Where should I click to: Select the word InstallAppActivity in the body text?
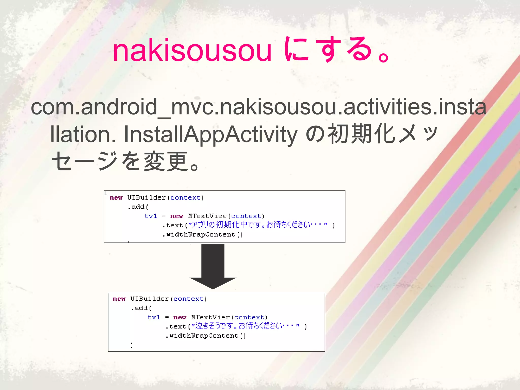[x=210, y=134]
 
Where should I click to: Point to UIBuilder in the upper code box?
[x=146, y=198]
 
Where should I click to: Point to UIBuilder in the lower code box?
[x=149, y=299]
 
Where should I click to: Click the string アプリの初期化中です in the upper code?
[x=227, y=225]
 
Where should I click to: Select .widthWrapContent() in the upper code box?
[x=203, y=235]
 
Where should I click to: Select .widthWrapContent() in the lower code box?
[x=206, y=336]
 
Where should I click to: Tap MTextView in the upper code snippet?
[x=207, y=216]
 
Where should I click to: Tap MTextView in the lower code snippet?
[x=210, y=317]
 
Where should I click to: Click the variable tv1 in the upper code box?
[x=151, y=216]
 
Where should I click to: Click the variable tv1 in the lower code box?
[x=154, y=317]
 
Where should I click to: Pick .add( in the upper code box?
[x=138, y=207]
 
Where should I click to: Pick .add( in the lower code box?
[x=141, y=308]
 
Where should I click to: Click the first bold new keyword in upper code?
[x=116, y=198]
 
